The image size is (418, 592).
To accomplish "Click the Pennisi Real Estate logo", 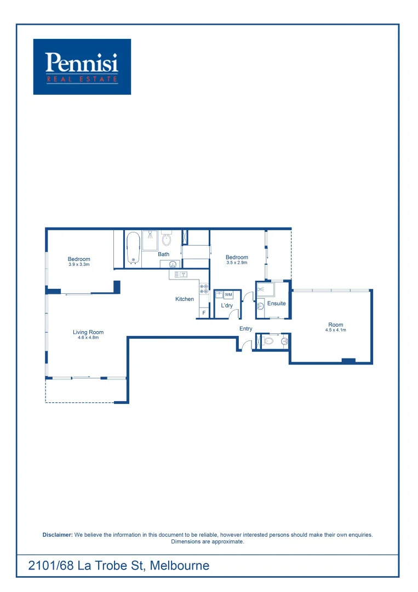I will [82, 66].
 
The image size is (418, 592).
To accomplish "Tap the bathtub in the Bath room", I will [133, 248].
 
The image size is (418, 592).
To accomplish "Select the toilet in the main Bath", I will [167, 240].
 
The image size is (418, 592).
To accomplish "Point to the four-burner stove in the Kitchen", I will [204, 289].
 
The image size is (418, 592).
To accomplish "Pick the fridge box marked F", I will [204, 312].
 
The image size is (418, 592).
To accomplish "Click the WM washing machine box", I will [228, 295].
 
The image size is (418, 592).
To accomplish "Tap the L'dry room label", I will [227, 305].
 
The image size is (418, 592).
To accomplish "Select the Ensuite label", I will [276, 303].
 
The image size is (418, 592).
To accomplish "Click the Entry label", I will [245, 328].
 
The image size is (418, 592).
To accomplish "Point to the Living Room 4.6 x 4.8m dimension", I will [88, 338].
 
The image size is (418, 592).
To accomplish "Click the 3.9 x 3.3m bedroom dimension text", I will [79, 265].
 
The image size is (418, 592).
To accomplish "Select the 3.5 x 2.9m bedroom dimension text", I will [237, 263].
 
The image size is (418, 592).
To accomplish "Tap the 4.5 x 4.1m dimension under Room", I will [335, 331].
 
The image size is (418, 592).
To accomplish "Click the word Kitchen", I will [185, 299].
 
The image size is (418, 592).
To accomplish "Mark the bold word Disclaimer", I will [58, 534].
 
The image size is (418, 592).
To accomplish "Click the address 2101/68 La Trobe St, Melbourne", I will [119, 565].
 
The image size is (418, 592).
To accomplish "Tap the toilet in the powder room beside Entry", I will [268, 341].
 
